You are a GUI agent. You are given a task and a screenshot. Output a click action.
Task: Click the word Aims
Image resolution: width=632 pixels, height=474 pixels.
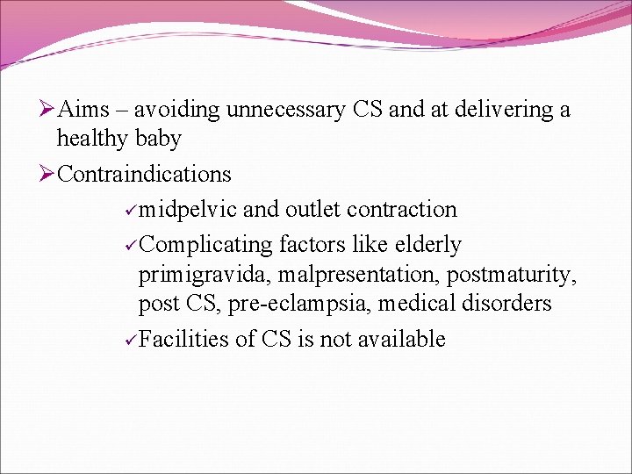click(x=86, y=110)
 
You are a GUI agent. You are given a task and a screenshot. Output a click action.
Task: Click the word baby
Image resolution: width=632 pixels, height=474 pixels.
click(x=159, y=139)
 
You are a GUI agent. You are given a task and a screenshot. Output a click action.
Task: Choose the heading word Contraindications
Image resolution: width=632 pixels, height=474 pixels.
click(x=145, y=174)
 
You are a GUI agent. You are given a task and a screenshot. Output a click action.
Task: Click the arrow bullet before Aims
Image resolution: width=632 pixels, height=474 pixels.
click(x=47, y=110)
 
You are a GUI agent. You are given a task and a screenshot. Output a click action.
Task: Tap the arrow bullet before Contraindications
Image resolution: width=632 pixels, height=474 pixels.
click(x=47, y=174)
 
